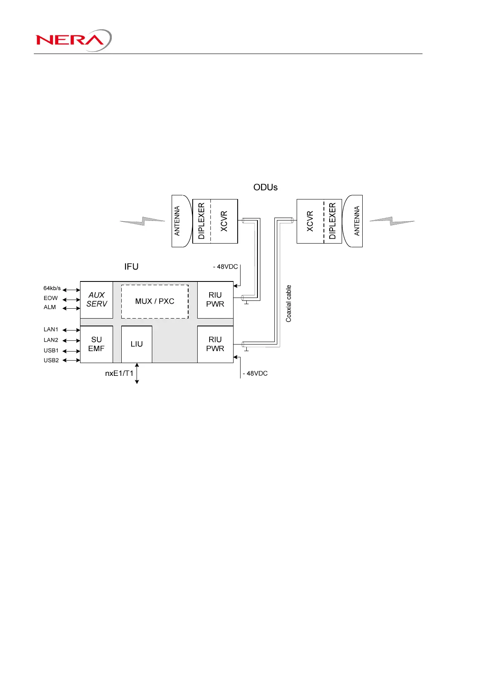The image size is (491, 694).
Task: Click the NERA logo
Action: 73,40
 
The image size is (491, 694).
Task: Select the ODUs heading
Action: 265,187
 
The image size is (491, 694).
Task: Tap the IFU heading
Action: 131,267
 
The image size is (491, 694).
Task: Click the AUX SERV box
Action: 97,300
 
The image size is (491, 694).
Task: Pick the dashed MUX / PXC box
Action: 155,301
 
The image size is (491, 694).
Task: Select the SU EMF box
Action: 97,344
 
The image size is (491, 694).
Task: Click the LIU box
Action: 137,344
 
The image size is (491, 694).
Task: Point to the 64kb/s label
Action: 52,288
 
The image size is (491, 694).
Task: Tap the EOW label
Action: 51,298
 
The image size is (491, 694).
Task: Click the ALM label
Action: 50,307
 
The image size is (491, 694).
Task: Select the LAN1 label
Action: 51,330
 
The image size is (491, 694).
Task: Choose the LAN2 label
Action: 51,340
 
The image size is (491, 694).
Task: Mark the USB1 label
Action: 51,351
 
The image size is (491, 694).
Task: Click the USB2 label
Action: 51,361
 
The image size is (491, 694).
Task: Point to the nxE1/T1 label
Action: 119,373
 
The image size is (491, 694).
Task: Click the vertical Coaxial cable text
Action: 289,303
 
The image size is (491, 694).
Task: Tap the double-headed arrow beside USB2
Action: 71,361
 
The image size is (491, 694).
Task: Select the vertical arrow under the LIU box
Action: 137,373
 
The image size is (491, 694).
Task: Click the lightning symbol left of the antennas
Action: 142,221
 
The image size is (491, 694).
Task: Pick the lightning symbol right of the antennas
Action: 392,221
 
